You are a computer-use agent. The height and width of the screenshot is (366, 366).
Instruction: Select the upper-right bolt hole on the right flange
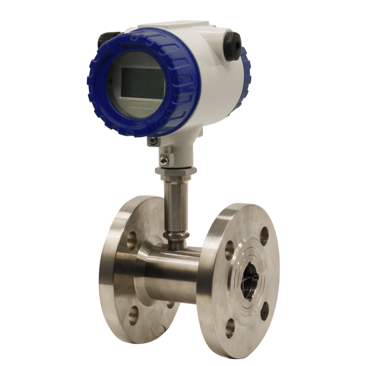click(264, 236)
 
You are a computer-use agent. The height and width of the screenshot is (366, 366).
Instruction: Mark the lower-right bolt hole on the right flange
click(264, 311)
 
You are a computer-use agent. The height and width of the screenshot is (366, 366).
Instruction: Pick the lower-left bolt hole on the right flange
click(230, 326)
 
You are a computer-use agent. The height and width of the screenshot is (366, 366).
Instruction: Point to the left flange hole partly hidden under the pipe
click(171, 304)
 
